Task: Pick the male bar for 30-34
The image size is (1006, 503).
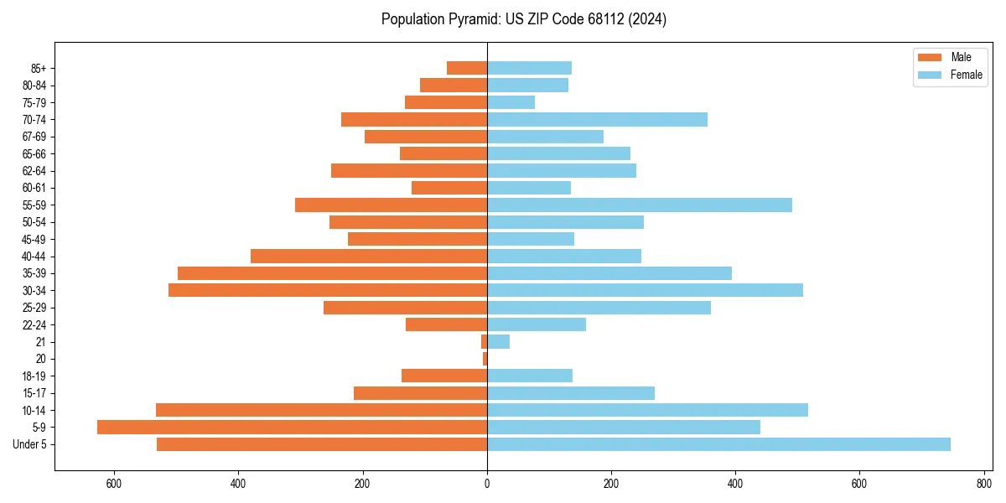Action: (x=328, y=290)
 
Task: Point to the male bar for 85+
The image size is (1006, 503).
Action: (x=467, y=68)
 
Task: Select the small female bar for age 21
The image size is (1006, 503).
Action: (x=498, y=341)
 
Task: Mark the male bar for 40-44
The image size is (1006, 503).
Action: (x=369, y=256)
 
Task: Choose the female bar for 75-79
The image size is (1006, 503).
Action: (x=511, y=102)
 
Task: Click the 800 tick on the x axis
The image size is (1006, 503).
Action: (x=983, y=484)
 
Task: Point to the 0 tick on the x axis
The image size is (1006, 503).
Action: (x=487, y=484)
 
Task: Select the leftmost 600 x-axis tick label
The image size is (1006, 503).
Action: (x=114, y=484)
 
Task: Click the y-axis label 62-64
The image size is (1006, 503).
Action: (x=34, y=171)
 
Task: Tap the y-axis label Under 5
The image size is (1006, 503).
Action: (x=30, y=444)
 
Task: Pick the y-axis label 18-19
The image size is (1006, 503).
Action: (x=34, y=376)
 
